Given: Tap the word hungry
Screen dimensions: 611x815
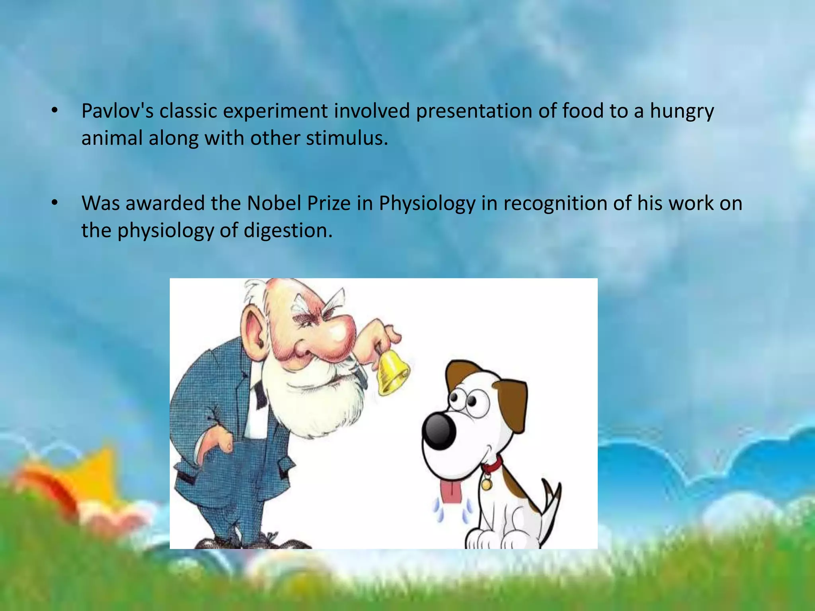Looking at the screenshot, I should (682, 112).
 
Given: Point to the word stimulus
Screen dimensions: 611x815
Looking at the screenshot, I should (347, 138).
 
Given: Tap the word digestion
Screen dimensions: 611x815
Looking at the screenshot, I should (288, 231).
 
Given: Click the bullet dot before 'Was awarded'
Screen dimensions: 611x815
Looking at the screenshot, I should (55, 203).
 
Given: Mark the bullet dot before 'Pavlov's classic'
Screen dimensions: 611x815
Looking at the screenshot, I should (55, 111).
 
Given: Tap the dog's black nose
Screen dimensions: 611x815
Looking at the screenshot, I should (439, 430).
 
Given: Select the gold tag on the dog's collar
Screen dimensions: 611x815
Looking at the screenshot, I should (486, 485).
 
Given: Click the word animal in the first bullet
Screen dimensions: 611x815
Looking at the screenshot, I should (112, 138).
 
